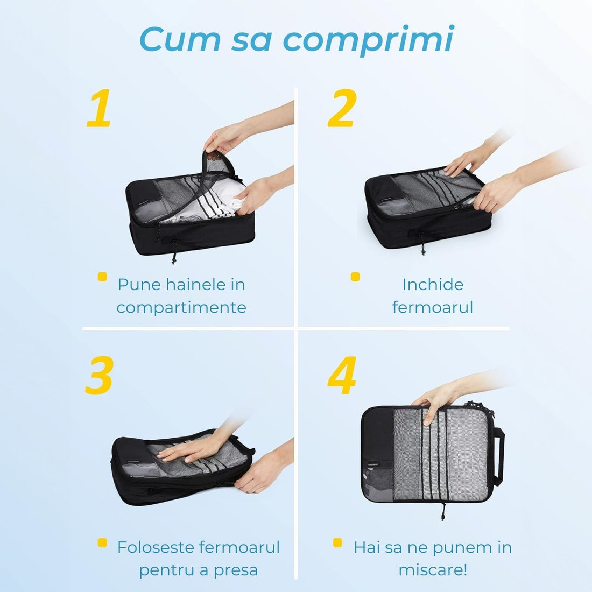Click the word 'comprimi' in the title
click(369, 39)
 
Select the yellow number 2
click(342, 109)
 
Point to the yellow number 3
click(99, 375)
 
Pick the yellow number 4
click(342, 375)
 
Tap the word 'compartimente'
click(181, 307)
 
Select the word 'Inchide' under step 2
click(433, 284)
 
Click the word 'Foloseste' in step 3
click(156, 547)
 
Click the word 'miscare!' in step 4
click(433, 570)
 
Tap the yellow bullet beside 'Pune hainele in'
click(102, 277)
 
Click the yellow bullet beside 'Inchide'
click(355, 277)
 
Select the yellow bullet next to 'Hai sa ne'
click(337, 542)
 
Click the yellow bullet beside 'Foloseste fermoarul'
click(102, 542)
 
